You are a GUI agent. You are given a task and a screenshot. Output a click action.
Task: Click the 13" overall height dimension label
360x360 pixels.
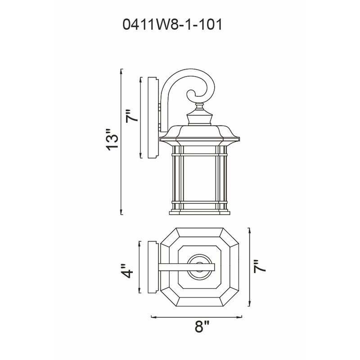(x=110, y=140)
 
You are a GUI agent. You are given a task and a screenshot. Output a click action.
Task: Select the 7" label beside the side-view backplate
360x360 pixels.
(x=130, y=117)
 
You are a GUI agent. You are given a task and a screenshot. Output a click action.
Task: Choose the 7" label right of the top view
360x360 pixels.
(x=260, y=266)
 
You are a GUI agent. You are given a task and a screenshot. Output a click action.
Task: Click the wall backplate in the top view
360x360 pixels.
(x=153, y=266)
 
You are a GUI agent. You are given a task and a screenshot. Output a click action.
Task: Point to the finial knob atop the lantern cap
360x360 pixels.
(x=199, y=107)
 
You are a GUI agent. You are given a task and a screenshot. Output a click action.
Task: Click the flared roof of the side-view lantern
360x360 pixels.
(x=199, y=134)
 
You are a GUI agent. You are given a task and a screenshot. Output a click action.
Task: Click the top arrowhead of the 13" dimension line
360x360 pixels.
(x=121, y=70)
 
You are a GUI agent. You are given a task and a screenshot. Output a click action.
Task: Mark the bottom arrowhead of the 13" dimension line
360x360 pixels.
(x=121, y=212)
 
